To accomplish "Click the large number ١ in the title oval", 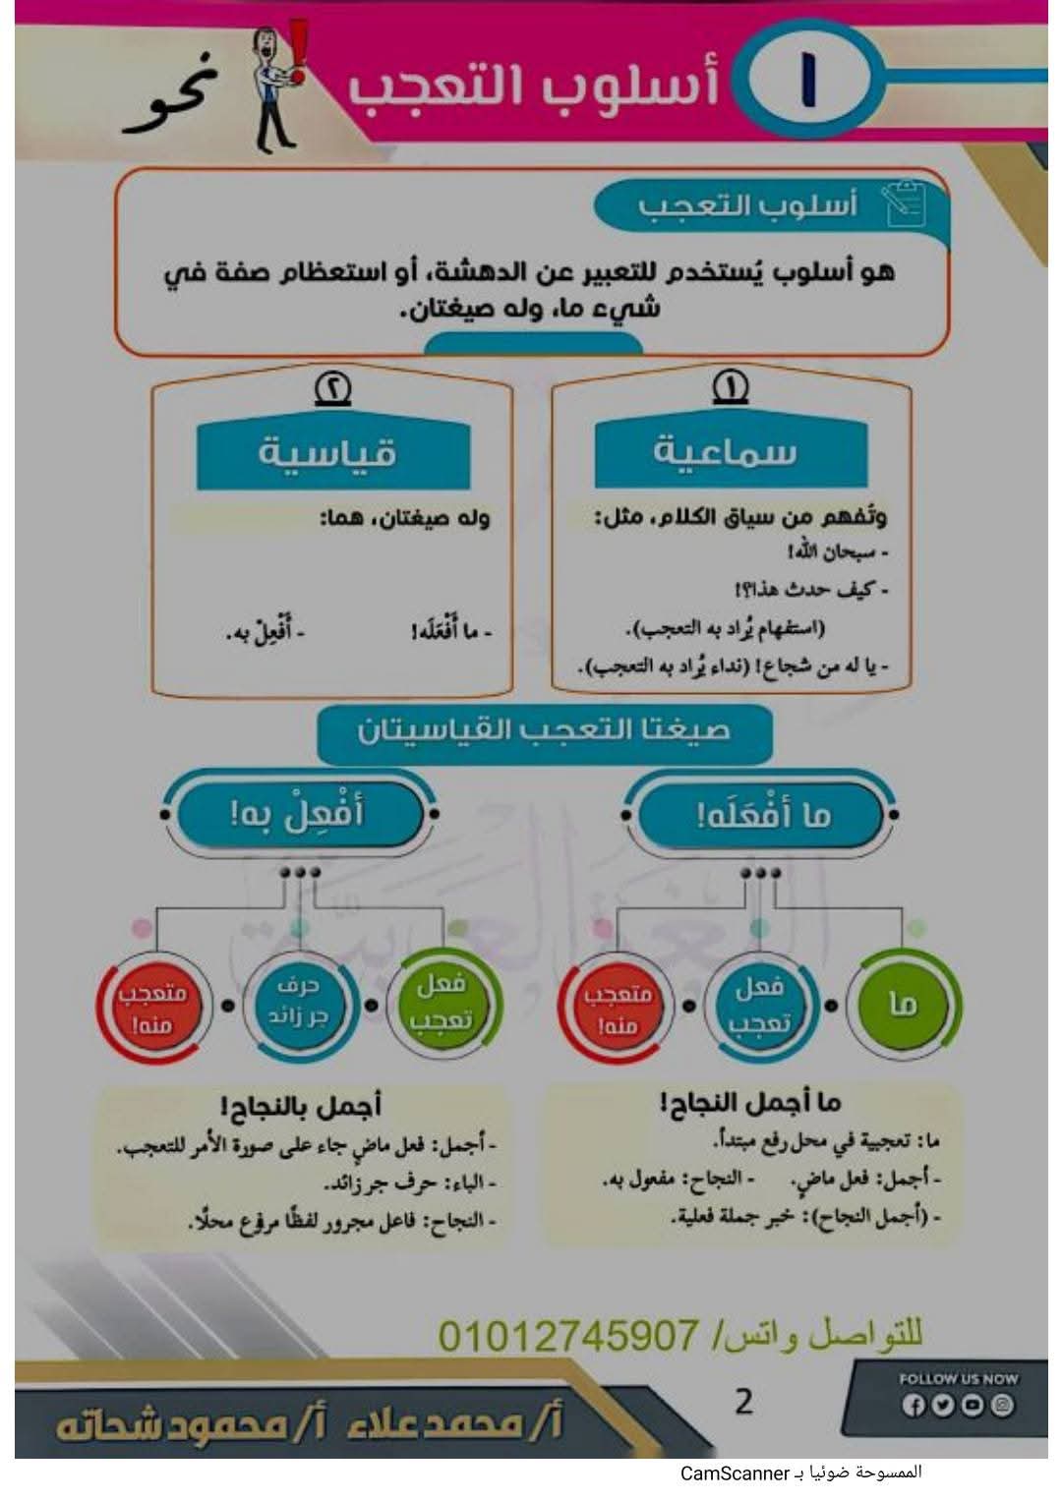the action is (808, 82).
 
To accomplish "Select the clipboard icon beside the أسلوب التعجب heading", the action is (905, 202).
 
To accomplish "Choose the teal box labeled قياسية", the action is (327, 452).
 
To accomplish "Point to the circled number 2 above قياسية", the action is (332, 388).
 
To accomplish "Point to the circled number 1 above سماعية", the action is (730, 387).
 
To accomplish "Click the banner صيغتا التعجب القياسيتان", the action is (544, 731).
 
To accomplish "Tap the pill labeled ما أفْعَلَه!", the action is (763, 815).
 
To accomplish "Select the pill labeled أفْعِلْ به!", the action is (298, 814).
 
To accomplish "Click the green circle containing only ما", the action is (903, 1005).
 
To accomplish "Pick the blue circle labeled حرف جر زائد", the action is (299, 1004).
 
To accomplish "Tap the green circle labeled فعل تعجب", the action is (443, 1004).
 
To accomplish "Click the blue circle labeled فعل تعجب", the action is (760, 1005).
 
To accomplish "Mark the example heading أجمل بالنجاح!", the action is (301, 1108).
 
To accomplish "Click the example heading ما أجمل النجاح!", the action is (750, 1103).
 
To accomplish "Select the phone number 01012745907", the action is (567, 1336).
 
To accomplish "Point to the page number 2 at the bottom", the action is (744, 1400).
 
